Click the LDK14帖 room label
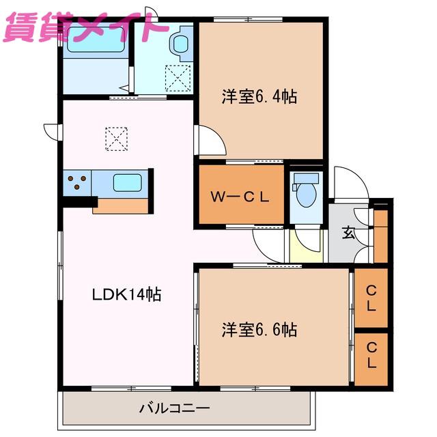click(x=126, y=294)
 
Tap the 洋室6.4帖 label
click(x=259, y=96)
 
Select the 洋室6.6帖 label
click(x=259, y=329)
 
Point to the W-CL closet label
click(x=240, y=197)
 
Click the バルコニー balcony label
click(x=175, y=408)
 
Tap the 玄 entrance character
click(x=348, y=233)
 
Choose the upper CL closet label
click(x=371, y=298)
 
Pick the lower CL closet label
click(x=371, y=355)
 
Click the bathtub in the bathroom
click(x=96, y=40)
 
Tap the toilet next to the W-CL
click(x=306, y=190)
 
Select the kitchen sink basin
click(x=128, y=183)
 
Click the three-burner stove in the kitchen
click(x=77, y=183)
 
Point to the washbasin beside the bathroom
click(x=182, y=44)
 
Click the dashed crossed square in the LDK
click(x=117, y=139)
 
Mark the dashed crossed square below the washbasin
click(x=178, y=78)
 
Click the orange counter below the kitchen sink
click(x=120, y=206)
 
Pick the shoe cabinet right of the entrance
click(x=381, y=236)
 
